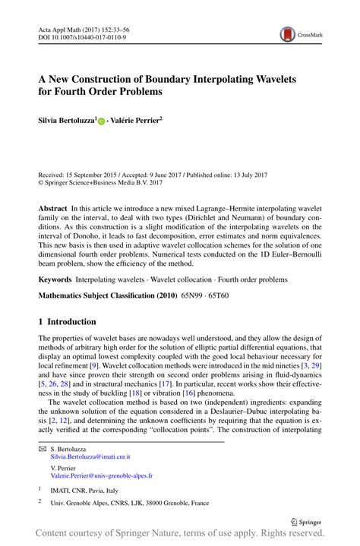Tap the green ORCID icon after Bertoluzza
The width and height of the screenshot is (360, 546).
(x=101, y=120)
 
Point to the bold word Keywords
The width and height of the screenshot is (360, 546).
(x=55, y=279)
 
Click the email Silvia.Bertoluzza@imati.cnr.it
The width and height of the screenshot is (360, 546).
(x=90, y=456)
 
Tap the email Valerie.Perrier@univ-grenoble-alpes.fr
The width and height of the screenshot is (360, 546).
(x=101, y=475)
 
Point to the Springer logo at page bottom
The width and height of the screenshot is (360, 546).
(x=307, y=522)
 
